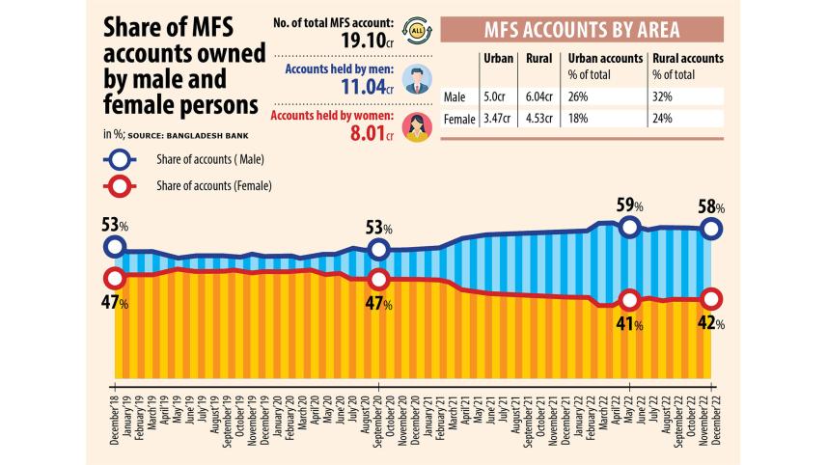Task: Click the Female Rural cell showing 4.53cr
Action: pyautogui.click(x=541, y=120)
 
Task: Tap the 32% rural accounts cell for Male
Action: pyautogui.click(x=664, y=96)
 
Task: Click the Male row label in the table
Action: pyautogui.click(x=455, y=96)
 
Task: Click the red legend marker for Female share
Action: pyautogui.click(x=119, y=185)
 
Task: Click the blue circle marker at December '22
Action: pyautogui.click(x=711, y=229)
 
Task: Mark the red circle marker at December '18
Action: pyautogui.click(x=115, y=278)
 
